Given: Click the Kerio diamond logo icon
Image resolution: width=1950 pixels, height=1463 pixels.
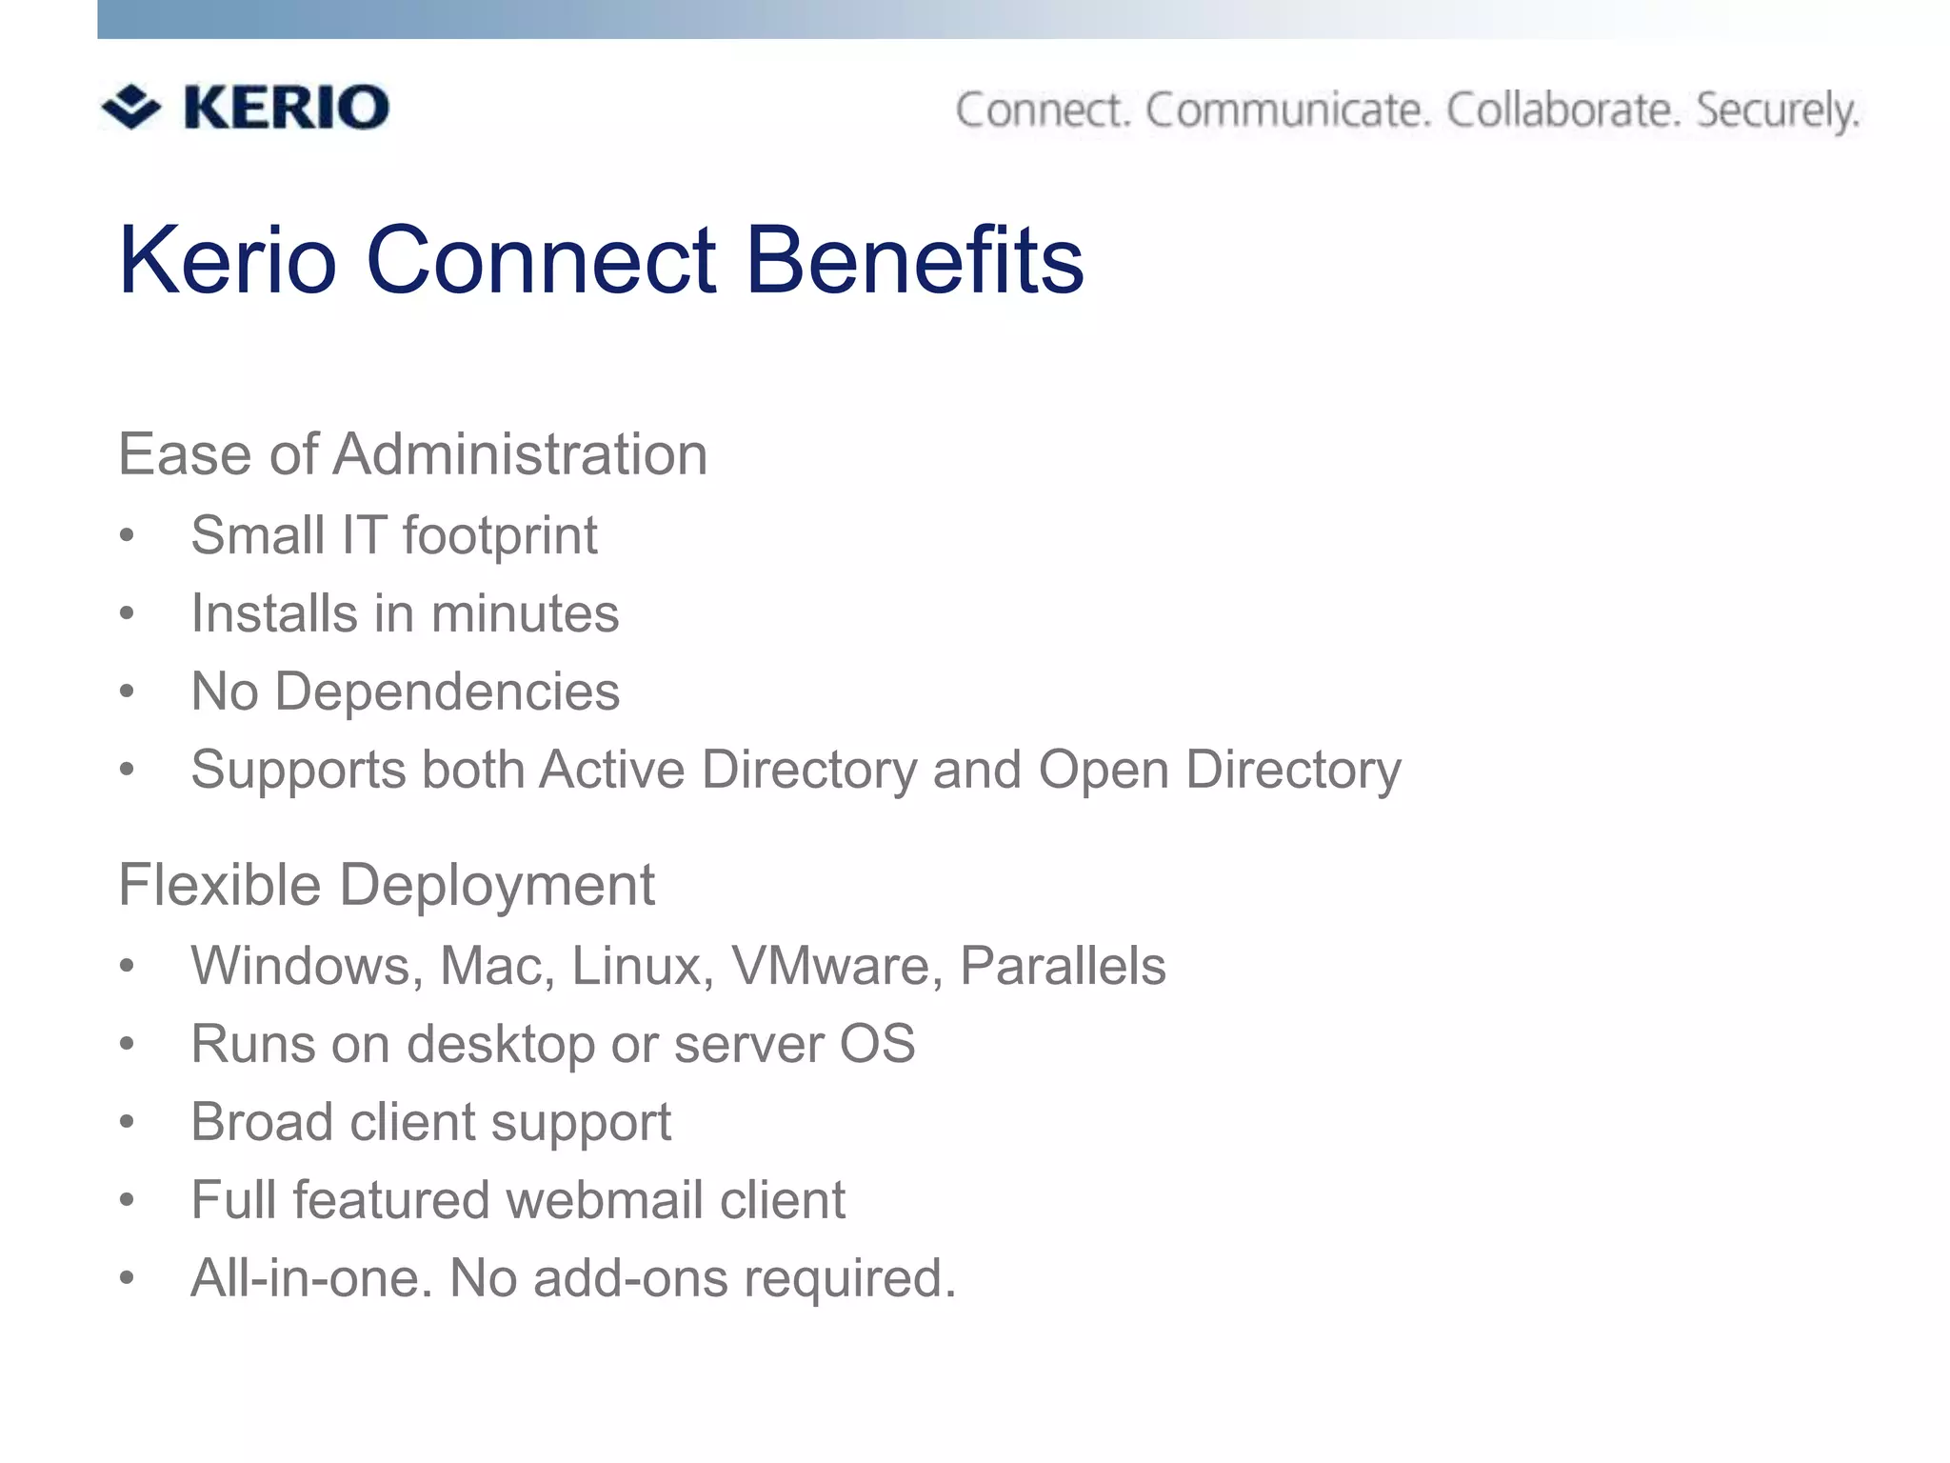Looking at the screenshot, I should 130,106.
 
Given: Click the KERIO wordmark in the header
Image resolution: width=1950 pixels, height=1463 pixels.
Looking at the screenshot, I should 286,107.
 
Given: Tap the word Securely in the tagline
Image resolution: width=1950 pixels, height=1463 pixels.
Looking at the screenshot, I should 1778,111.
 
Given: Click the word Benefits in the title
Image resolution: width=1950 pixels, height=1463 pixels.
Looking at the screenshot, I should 915,260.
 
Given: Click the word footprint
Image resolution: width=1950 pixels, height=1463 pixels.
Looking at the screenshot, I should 500,535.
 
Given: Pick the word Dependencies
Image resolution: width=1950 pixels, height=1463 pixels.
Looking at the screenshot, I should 447,691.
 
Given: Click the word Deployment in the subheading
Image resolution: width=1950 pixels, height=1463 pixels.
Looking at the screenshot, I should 496,885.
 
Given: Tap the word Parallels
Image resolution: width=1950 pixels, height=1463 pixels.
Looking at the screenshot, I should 1063,966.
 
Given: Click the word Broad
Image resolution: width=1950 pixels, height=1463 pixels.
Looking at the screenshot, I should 262,1122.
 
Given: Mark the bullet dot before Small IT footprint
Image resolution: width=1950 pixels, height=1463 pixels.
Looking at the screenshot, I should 127,535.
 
